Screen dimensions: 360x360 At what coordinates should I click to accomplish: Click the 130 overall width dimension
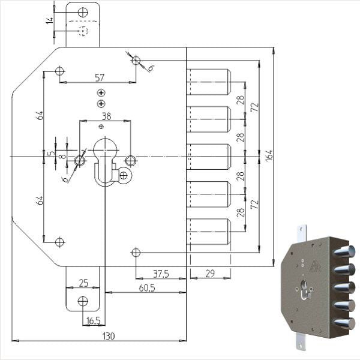[x=109, y=337]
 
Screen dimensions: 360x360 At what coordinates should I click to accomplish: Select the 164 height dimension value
[x=269, y=155]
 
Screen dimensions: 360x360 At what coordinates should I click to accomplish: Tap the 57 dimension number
[x=100, y=77]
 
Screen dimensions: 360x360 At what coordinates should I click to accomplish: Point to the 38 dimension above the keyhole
[x=106, y=116]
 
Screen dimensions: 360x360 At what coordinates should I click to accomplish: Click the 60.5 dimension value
[x=147, y=288]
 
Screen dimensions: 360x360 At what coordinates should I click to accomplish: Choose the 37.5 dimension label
[x=161, y=274]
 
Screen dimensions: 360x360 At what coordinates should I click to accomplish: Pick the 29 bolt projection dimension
[x=210, y=274]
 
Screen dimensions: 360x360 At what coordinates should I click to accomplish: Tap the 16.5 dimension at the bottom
[x=94, y=321]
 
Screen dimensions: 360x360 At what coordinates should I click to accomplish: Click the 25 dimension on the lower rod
[x=83, y=283]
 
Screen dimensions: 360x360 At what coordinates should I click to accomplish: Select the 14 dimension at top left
[x=49, y=20]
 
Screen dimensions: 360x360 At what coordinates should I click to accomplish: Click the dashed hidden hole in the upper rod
[x=83, y=31]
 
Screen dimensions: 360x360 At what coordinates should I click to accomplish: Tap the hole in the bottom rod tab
[x=83, y=301]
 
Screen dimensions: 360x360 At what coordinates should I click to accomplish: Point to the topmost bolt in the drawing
[x=208, y=82]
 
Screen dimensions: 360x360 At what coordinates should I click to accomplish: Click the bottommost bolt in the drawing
[x=208, y=232]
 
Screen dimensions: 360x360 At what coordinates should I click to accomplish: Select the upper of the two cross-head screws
[x=101, y=93]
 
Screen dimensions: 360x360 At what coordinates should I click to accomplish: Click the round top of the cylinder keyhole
[x=106, y=150]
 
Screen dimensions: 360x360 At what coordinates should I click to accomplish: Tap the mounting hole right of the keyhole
[x=131, y=160]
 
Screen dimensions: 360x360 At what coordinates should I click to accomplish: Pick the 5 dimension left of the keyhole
[x=52, y=152]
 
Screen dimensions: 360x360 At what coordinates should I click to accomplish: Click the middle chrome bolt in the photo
[x=344, y=288]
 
